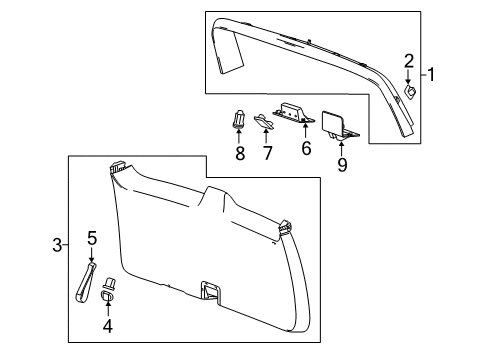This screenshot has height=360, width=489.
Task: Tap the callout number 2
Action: (x=409, y=60)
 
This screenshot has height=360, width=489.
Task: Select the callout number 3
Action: (x=57, y=243)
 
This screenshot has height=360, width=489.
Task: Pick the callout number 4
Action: (x=109, y=326)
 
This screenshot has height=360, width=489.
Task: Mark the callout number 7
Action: (x=267, y=153)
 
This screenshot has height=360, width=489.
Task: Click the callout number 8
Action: (x=240, y=153)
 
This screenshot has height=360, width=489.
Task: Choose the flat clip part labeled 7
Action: (x=263, y=122)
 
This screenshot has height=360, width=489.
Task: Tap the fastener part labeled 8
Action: (x=239, y=119)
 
